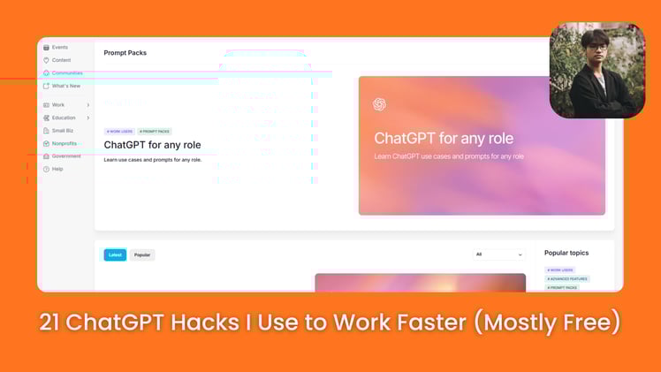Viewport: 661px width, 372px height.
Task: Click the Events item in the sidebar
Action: (59, 47)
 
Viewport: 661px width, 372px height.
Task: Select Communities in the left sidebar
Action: (66, 73)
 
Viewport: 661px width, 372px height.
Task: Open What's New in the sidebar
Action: (65, 86)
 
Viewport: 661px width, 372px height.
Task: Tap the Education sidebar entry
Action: (64, 118)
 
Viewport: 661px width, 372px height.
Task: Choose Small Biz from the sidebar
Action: (63, 131)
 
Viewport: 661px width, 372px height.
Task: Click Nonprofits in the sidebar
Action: (64, 143)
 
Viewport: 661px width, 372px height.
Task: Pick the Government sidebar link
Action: (65, 156)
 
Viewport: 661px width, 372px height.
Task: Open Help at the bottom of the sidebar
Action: (57, 169)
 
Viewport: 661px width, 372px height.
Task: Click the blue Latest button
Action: (115, 254)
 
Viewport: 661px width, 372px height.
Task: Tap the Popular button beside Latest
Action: (142, 254)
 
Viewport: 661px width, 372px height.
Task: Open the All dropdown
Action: (499, 254)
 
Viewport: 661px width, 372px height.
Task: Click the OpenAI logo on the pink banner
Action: (379, 104)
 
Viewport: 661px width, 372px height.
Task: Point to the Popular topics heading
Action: (566, 253)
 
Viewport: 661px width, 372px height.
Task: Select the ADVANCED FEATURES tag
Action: (566, 278)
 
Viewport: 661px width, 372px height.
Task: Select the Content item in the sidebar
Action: (61, 60)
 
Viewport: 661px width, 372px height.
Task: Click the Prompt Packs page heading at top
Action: (125, 53)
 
